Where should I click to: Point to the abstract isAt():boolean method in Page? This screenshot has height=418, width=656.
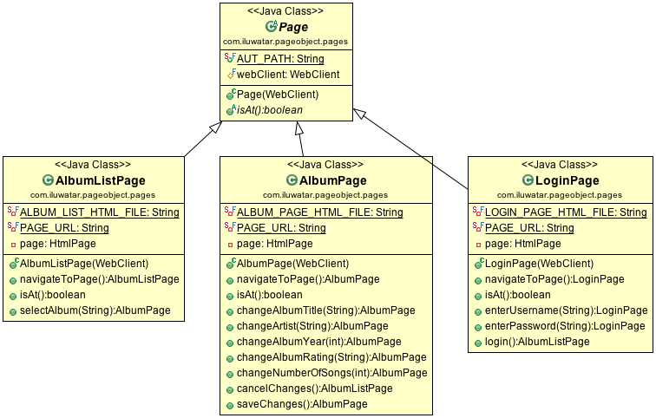[x=273, y=109]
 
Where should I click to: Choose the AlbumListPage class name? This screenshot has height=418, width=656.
[x=99, y=180]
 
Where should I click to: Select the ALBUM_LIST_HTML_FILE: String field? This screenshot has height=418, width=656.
[x=99, y=212]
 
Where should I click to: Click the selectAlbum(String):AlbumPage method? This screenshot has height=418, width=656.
[x=95, y=310]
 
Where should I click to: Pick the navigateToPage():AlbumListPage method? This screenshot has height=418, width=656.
[x=99, y=279]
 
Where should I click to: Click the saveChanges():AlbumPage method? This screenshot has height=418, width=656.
[x=302, y=404]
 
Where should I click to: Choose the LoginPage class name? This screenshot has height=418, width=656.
[x=568, y=180]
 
